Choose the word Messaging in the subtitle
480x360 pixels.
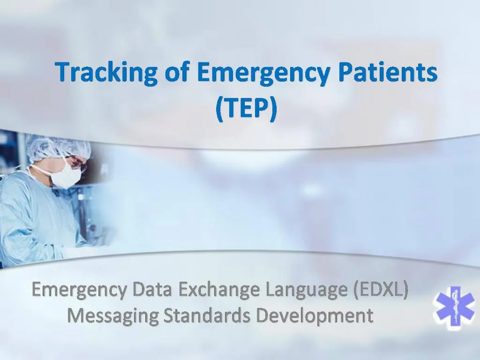coord(112,315)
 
